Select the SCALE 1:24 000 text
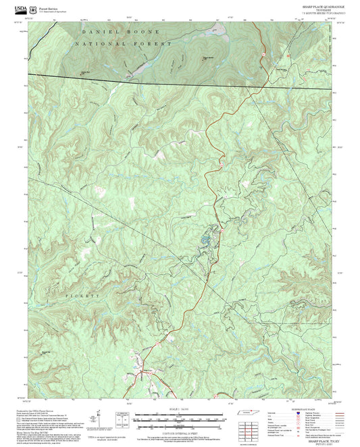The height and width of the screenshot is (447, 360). click(178, 410)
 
